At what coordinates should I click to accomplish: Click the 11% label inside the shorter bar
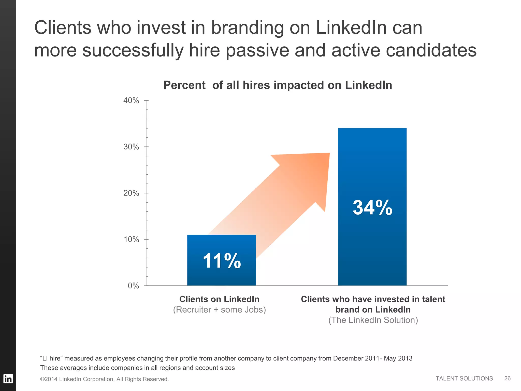(x=222, y=261)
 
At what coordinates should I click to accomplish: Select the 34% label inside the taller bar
(x=372, y=207)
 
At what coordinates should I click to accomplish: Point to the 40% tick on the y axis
(x=131, y=101)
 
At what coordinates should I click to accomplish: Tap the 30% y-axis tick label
(x=131, y=147)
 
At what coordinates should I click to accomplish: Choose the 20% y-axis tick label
(x=131, y=193)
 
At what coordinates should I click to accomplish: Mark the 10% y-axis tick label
(x=131, y=240)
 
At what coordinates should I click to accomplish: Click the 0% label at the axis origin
(x=133, y=286)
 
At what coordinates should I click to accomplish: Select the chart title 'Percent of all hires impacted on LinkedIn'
(x=278, y=85)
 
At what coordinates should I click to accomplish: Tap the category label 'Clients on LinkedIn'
(x=219, y=299)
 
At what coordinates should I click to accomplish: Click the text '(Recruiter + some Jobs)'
(x=219, y=310)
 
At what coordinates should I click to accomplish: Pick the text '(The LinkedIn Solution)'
(x=373, y=320)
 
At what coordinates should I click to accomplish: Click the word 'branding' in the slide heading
(x=247, y=27)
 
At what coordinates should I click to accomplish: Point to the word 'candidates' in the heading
(x=431, y=50)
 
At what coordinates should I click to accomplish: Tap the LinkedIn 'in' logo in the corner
(x=8, y=379)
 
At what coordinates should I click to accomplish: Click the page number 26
(x=507, y=379)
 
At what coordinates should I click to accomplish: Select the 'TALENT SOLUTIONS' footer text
(x=464, y=379)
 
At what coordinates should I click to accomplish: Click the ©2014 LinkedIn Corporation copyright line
(x=104, y=379)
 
